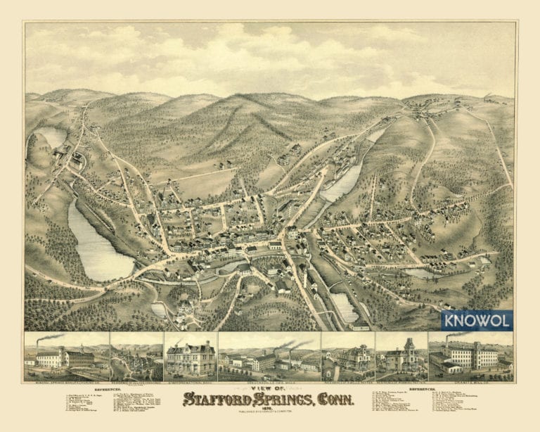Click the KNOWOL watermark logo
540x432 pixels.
[x=477, y=321]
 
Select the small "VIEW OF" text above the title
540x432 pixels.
[x=270, y=388]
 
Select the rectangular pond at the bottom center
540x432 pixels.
[x=345, y=307]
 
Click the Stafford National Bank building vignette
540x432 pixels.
[x=190, y=359]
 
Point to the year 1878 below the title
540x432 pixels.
[x=270, y=407]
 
